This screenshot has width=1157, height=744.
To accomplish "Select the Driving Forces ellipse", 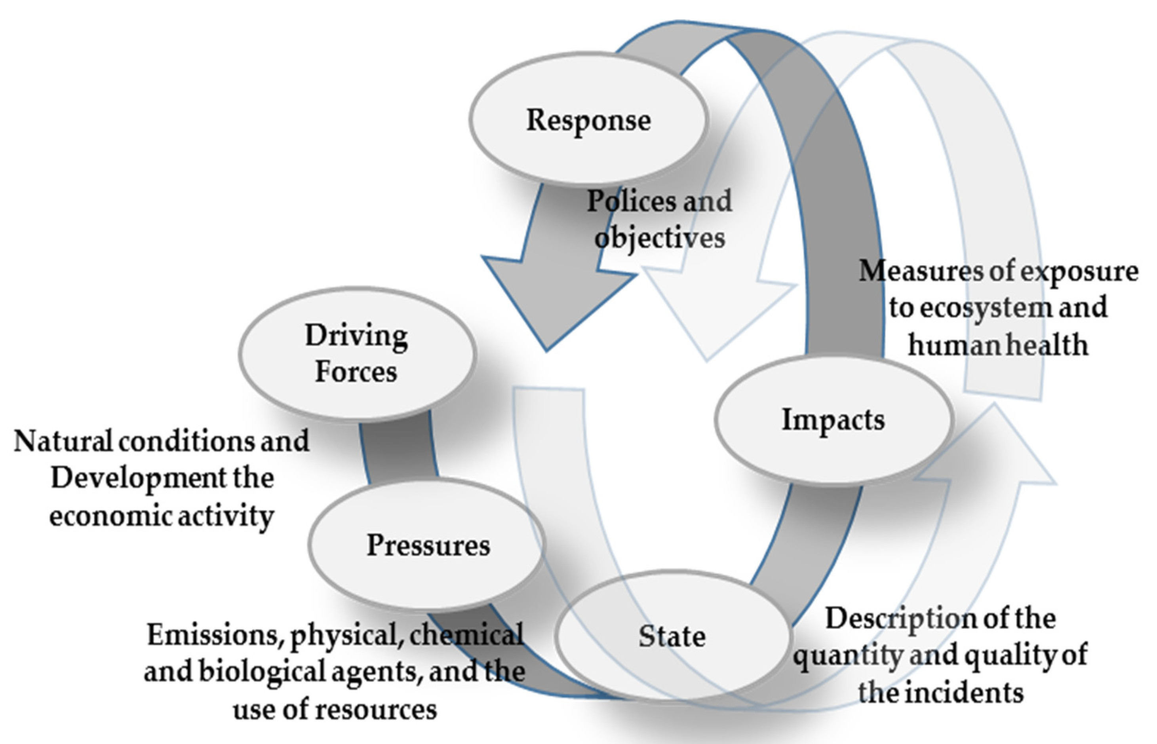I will point(357,354).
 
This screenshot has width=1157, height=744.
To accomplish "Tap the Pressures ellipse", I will point(427,545).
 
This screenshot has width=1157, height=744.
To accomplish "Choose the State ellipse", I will point(672,636).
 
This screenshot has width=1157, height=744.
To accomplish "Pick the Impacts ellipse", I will point(833,419).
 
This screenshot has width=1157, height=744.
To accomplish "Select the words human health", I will point(998,345).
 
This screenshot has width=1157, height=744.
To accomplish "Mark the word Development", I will point(138,478).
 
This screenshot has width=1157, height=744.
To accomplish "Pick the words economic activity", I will point(162,516).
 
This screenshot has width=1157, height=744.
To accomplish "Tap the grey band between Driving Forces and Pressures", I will point(397,452).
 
